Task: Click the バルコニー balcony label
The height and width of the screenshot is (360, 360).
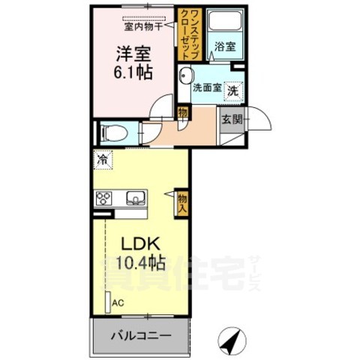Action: (x=139, y=335)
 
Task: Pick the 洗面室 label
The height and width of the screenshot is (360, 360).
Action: (x=206, y=88)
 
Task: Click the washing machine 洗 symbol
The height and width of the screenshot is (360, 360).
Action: (x=233, y=89)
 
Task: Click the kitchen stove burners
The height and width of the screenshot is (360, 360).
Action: (x=104, y=199)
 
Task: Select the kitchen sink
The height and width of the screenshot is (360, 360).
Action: (x=136, y=199)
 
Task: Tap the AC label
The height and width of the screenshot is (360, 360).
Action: (x=118, y=302)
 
